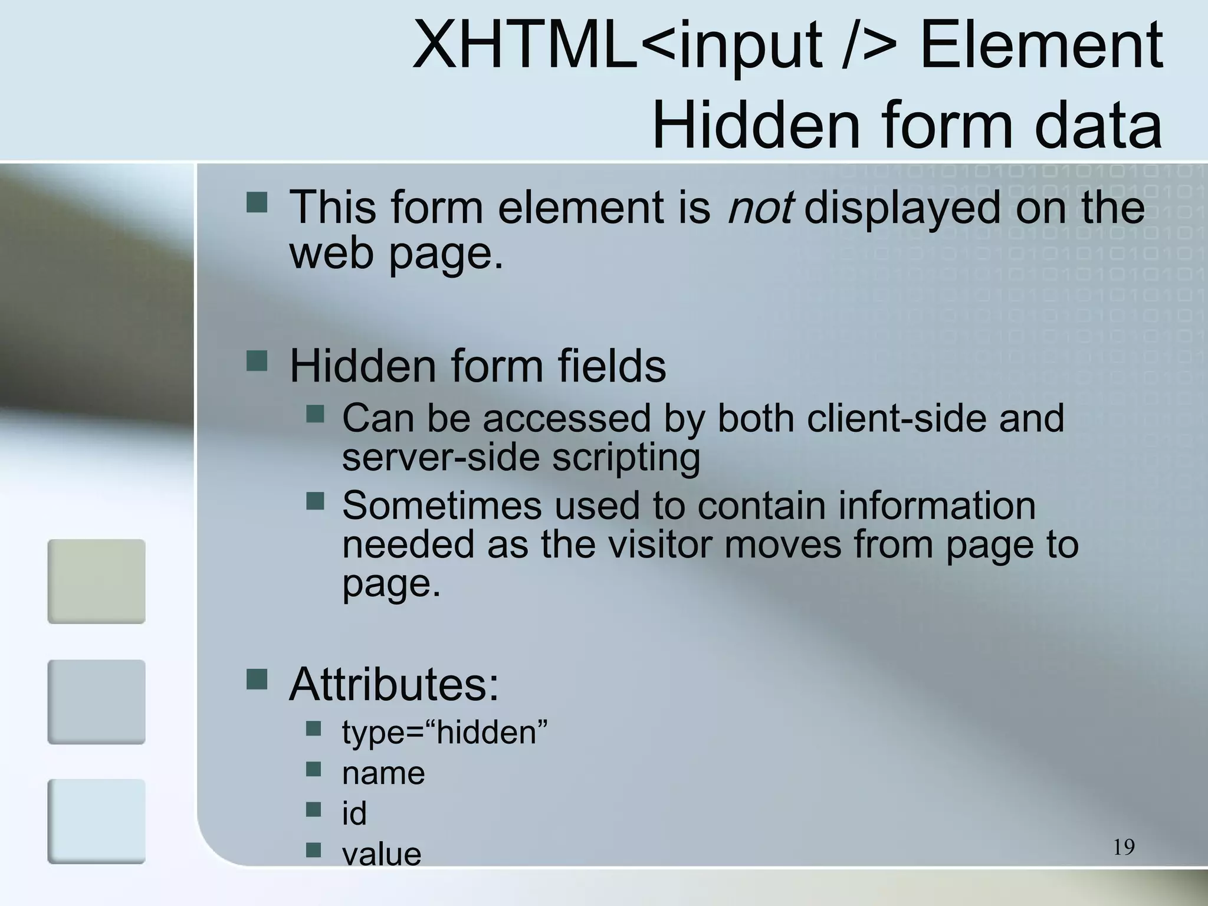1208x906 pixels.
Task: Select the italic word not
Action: (x=759, y=207)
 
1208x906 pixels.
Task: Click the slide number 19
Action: (x=1124, y=847)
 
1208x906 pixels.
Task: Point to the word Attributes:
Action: (x=394, y=684)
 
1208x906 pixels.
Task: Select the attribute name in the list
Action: (x=383, y=773)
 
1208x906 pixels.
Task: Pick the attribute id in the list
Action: (x=354, y=813)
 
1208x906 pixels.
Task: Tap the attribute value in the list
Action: (x=382, y=854)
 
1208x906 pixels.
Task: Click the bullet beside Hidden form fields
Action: (x=257, y=360)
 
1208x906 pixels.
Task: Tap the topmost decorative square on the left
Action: (x=96, y=581)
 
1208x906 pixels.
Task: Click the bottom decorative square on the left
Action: (x=96, y=821)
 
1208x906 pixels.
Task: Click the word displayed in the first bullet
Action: (x=902, y=207)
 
